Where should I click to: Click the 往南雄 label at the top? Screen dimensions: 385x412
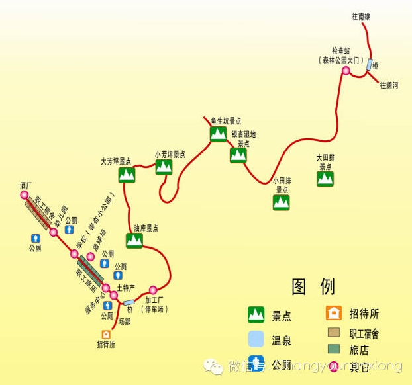coord(361,17)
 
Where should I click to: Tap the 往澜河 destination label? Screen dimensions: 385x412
coord(389,85)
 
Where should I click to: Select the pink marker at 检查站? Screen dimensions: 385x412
coord(346,70)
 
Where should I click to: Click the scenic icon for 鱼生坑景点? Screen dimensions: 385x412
coord(219,134)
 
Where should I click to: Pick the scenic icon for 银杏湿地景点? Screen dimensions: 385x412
coord(238,155)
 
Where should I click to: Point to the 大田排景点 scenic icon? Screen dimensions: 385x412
coord(325,179)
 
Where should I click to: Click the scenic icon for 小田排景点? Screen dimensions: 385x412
coord(282,202)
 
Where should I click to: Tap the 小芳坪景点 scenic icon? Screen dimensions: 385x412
coord(164,167)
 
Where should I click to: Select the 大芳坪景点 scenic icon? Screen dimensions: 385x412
coord(127,175)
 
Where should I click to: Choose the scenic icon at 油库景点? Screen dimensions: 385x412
coord(134,241)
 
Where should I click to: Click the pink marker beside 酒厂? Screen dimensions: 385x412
coord(25,196)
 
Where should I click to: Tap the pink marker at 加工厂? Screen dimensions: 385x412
coord(153,290)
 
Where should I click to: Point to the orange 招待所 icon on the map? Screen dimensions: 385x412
coord(105,335)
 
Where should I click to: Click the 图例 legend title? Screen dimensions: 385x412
coord(313,286)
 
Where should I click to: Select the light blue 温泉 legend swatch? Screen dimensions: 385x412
coord(256,339)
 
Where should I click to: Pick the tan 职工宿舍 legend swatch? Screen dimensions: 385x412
coord(335,332)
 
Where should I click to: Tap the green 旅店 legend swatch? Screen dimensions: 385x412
coord(335,349)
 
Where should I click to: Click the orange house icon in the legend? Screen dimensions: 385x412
coord(335,313)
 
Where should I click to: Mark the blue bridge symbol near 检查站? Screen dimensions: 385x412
coord(368,65)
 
